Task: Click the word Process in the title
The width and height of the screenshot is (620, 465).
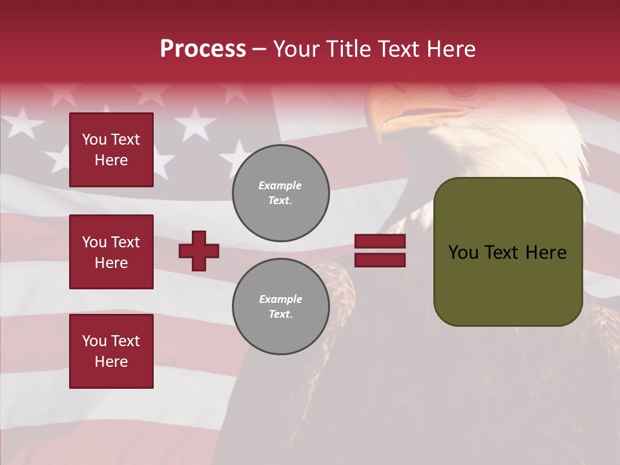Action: pyautogui.click(x=203, y=49)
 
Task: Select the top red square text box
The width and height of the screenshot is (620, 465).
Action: pyautogui.click(x=111, y=150)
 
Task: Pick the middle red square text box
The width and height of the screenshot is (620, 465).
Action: pyautogui.click(x=111, y=252)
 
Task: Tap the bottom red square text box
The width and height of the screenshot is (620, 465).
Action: pyautogui.click(x=111, y=351)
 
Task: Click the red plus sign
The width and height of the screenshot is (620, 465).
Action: pyautogui.click(x=199, y=251)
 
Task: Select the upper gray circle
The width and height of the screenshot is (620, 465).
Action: pyautogui.click(x=281, y=192)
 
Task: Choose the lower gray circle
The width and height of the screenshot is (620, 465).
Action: pyautogui.click(x=281, y=306)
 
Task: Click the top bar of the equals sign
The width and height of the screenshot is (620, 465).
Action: pyautogui.click(x=380, y=242)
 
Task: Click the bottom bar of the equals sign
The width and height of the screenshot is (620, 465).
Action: pyautogui.click(x=380, y=260)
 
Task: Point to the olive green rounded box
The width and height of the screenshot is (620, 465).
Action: pyautogui.click(x=508, y=252)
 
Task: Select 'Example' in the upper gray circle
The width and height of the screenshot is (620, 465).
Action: pyautogui.click(x=280, y=185)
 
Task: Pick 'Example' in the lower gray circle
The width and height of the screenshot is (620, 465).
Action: pyautogui.click(x=280, y=299)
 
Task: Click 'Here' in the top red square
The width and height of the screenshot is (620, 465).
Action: pyautogui.click(x=111, y=160)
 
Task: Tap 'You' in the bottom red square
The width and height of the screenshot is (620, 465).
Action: pyautogui.click(x=94, y=341)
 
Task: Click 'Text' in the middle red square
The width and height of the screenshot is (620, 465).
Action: pyautogui.click(x=125, y=242)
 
